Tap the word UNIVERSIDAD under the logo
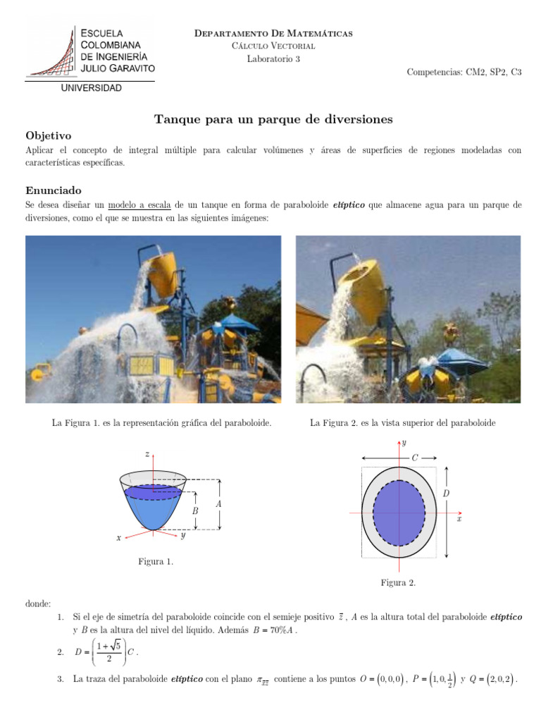click(x=91, y=88)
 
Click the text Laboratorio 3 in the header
click(x=273, y=59)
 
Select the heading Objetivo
click(x=49, y=135)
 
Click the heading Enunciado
click(x=54, y=190)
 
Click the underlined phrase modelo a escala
click(x=139, y=205)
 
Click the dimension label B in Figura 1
click(x=195, y=510)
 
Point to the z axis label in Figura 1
click(x=147, y=455)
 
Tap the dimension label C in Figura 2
click(x=414, y=458)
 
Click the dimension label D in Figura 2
click(x=446, y=494)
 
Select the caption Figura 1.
click(x=156, y=562)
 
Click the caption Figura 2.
click(x=398, y=583)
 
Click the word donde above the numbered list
click(x=38, y=604)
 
